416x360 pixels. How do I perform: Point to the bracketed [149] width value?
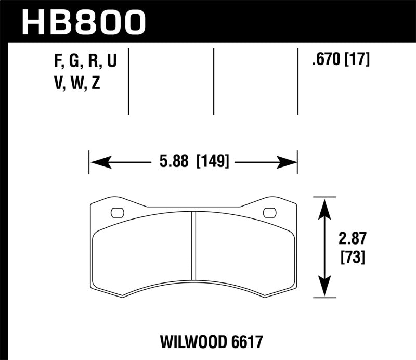pyautogui.click(x=212, y=162)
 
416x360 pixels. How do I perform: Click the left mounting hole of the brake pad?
pyautogui.click(x=117, y=212)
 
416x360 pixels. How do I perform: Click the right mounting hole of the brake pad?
pyautogui.click(x=269, y=212)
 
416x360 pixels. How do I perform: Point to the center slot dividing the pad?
pyautogui.click(x=193, y=244)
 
